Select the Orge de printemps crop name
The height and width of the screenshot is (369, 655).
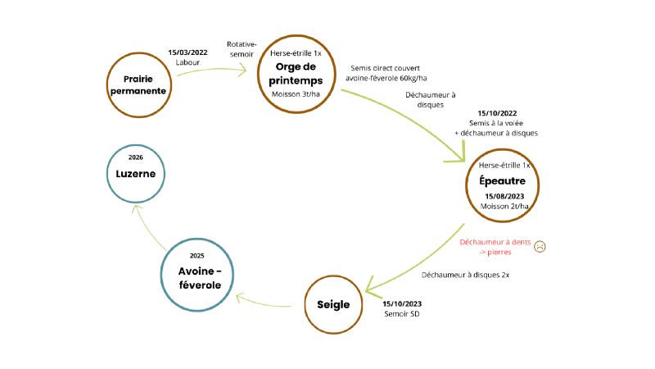(x=296, y=74)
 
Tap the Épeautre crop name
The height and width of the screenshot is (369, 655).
(x=502, y=181)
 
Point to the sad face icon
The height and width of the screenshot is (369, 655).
(x=540, y=247)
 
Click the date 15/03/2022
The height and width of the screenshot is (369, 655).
(x=187, y=52)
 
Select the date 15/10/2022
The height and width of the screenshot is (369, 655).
(x=497, y=113)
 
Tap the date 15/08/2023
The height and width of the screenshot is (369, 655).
(x=504, y=196)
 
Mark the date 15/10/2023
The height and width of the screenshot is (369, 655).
(x=402, y=303)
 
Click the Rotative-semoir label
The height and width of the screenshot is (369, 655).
(x=242, y=49)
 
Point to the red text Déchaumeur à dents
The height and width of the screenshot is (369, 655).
(x=495, y=242)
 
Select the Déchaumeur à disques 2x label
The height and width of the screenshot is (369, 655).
(x=465, y=275)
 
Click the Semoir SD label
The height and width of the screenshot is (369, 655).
(x=402, y=314)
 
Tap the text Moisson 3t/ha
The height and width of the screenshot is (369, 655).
(x=296, y=94)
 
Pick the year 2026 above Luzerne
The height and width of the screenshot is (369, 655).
(x=135, y=157)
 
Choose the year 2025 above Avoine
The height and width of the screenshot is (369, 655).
(x=196, y=256)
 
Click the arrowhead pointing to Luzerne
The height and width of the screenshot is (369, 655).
(x=136, y=207)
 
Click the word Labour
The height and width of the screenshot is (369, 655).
(x=187, y=62)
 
